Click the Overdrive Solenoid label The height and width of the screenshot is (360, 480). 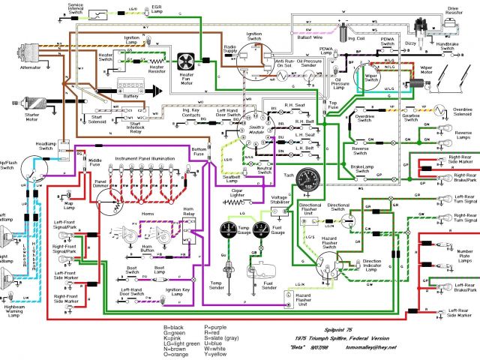tap(461, 112)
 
